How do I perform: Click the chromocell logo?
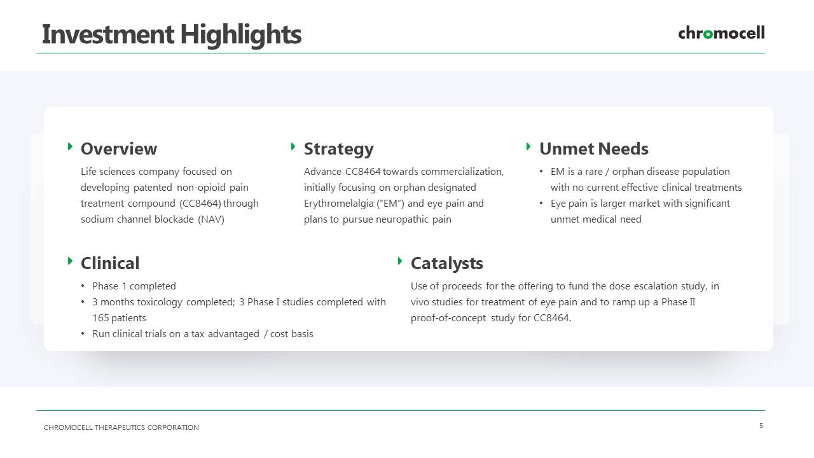(721, 32)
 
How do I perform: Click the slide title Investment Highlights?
(172, 34)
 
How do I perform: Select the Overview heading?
(119, 149)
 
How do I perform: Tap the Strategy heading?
(339, 149)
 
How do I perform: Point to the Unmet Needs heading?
(594, 149)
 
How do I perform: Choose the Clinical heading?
(110, 263)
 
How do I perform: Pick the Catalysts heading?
(447, 263)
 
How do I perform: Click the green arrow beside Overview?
(71, 146)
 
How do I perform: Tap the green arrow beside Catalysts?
(400, 261)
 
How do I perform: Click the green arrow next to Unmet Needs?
(528, 146)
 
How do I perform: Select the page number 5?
(761, 426)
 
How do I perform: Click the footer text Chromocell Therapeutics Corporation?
(121, 427)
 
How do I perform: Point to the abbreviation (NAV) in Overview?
(211, 219)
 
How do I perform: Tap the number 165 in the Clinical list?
(100, 318)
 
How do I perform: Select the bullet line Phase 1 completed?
(134, 286)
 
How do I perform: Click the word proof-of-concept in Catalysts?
(448, 318)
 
